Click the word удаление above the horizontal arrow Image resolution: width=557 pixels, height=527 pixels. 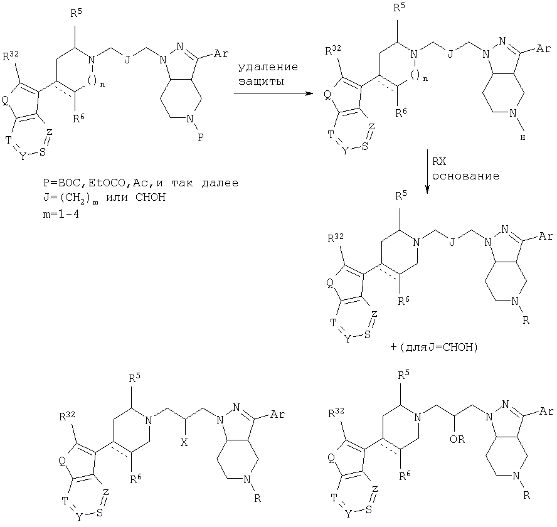point(268,67)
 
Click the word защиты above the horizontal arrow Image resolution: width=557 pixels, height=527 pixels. point(261,82)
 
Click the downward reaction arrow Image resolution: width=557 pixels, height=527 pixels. point(427,172)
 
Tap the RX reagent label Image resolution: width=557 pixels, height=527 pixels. point(439,162)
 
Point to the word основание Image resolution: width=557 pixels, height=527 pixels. point(466,176)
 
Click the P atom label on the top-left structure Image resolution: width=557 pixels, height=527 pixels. point(201,137)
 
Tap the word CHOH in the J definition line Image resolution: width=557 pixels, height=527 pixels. point(151,197)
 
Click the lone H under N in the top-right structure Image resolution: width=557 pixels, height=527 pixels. point(523,138)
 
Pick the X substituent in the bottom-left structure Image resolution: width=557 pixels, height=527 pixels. point(184,443)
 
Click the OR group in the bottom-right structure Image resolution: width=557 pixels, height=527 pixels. point(457,439)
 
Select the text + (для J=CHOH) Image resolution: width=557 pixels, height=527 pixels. point(433,347)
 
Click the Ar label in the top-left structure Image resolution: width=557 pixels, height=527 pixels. point(221,54)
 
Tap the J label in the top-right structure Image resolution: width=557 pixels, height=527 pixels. point(450,55)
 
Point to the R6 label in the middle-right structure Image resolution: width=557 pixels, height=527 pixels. point(403,301)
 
